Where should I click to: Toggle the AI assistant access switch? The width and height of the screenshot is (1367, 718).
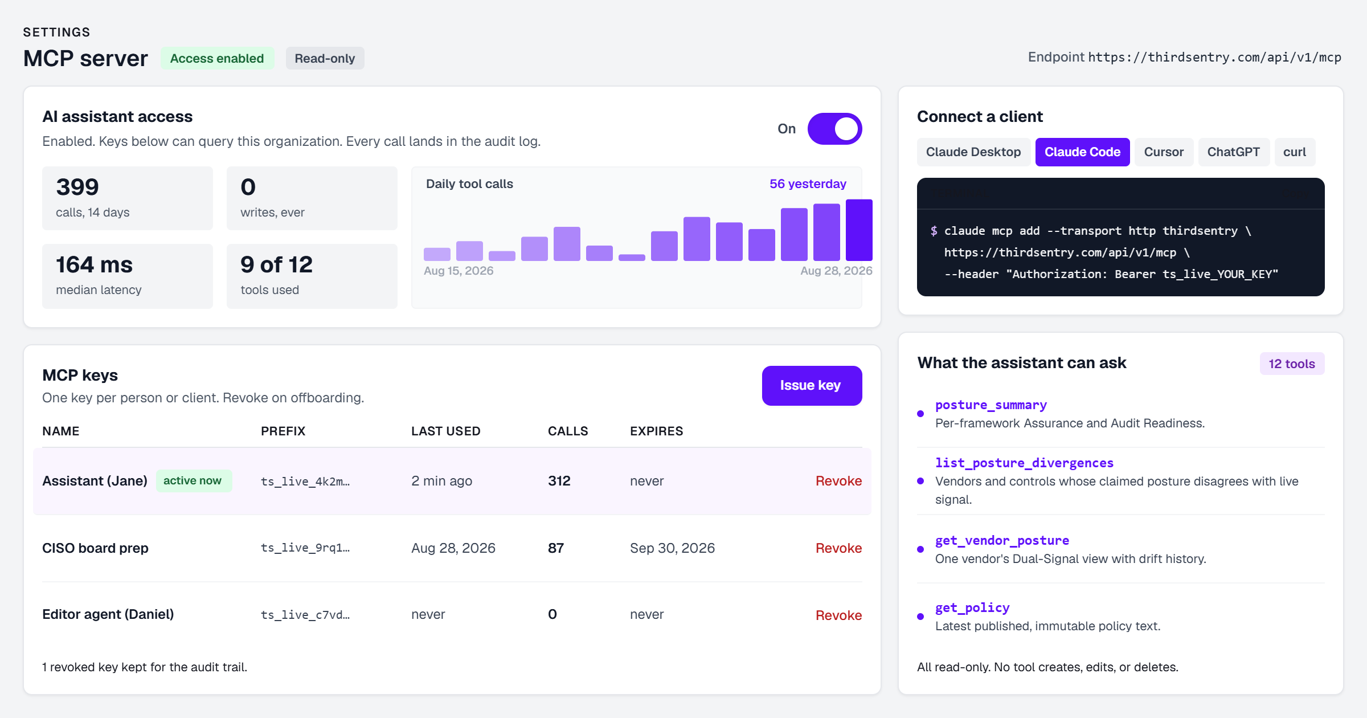[834, 129]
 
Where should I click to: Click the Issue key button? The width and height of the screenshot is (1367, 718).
[812, 386]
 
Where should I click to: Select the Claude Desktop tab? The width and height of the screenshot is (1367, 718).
[973, 152]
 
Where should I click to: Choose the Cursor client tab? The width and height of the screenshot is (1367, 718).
[1164, 152]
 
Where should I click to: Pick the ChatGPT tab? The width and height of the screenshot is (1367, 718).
[1234, 152]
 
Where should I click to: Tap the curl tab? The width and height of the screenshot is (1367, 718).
[1295, 152]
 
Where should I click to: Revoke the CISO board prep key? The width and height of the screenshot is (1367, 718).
[838, 548]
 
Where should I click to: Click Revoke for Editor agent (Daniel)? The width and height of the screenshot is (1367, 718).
[838, 615]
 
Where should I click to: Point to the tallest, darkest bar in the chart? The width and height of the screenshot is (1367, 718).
[859, 230]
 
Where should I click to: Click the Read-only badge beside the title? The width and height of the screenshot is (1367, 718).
[325, 59]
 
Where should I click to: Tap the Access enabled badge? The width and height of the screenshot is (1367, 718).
[217, 59]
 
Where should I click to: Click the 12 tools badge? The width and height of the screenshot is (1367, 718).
[1292, 364]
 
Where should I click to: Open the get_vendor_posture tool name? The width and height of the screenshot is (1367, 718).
[1002, 540]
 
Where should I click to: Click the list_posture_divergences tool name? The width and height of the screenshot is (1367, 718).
[1024, 463]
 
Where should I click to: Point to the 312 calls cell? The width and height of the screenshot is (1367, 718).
[559, 481]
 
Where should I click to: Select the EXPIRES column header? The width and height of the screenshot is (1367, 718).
[656, 431]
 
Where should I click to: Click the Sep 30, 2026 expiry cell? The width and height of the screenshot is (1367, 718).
[672, 548]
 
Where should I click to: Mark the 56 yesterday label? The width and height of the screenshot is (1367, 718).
[808, 184]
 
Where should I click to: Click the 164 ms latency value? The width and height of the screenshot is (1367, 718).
[94, 265]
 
